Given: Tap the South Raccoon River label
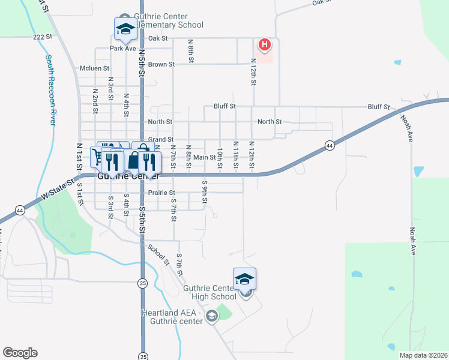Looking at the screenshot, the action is tap(50, 90).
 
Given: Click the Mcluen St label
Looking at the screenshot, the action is tap(94, 68).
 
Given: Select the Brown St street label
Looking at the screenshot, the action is tap(161, 64).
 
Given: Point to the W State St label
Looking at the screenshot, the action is tap(57, 190).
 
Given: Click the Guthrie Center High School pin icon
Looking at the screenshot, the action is tap(244, 279).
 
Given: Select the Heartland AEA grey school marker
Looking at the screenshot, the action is tap(211, 316).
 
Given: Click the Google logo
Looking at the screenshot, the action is tap(20, 353).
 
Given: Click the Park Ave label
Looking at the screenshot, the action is tap(122, 49).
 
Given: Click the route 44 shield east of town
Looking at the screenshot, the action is tap(330, 145).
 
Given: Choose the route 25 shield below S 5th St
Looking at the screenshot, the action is tap(142, 283).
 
